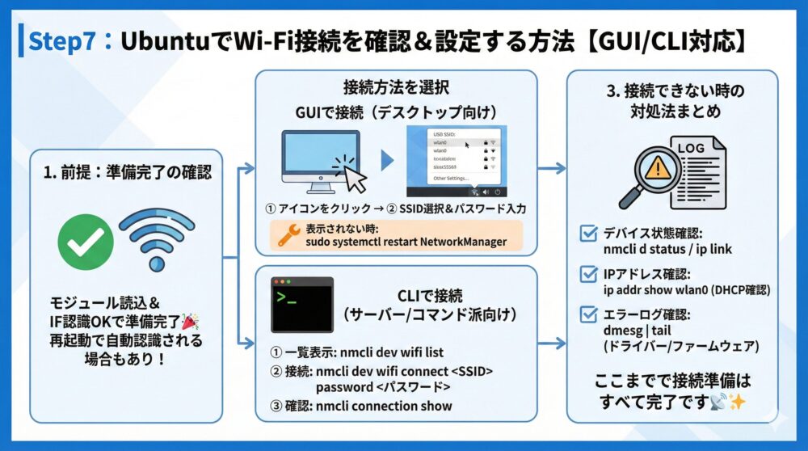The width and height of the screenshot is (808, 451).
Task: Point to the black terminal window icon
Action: [x=301, y=306]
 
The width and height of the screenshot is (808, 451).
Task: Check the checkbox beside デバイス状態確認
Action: [x=589, y=235]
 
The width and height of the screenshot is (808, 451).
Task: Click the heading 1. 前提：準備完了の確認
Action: [x=129, y=172]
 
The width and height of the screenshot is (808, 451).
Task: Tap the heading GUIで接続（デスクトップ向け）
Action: [x=397, y=112]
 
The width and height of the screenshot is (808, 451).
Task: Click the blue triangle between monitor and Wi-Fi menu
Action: [x=388, y=160]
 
